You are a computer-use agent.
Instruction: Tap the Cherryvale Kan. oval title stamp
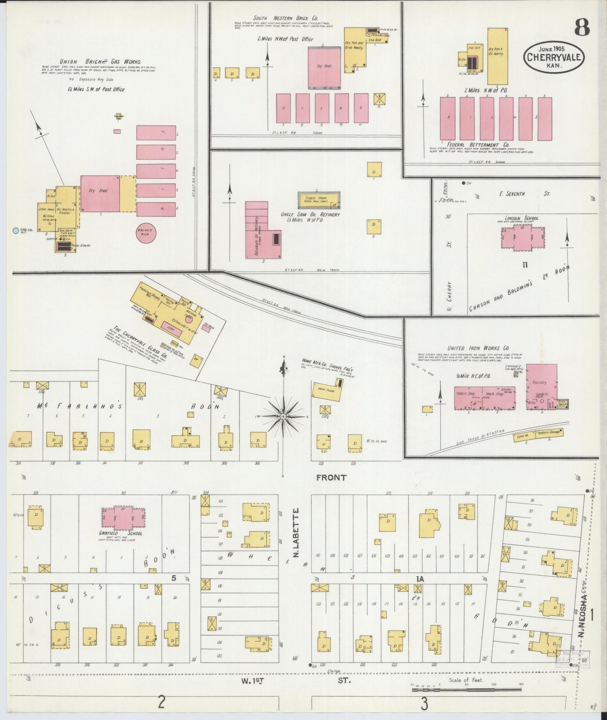(554, 58)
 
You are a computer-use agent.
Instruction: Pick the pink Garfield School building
(123, 518)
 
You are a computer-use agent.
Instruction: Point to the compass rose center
(284, 416)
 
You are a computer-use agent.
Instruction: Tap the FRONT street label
(331, 478)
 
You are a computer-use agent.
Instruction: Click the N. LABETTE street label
(296, 533)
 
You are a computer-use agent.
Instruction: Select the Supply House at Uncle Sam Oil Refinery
(318, 200)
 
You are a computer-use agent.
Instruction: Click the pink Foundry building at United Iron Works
(541, 387)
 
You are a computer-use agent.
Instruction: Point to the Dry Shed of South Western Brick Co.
(324, 67)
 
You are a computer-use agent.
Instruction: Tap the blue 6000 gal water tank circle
(16, 230)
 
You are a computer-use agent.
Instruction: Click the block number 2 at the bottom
(161, 702)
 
